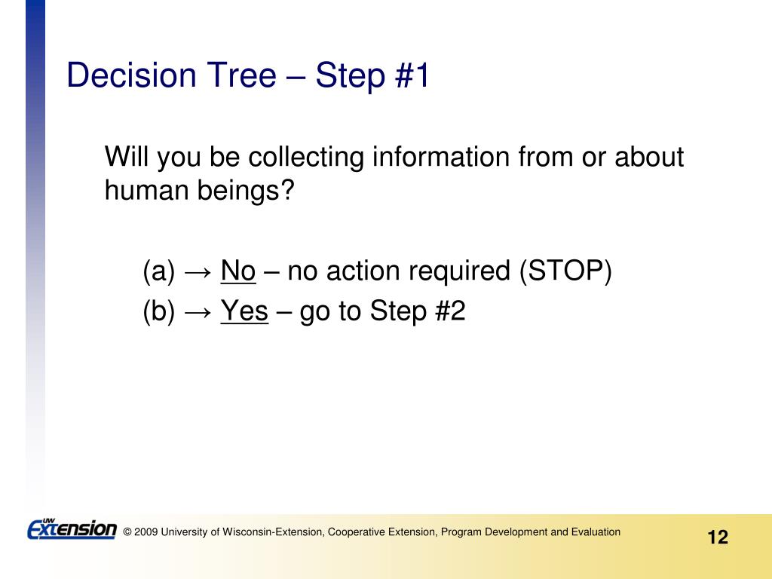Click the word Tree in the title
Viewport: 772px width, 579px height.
[x=241, y=75]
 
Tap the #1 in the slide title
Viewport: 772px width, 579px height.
[x=412, y=75]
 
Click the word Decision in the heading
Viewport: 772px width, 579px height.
[x=131, y=75]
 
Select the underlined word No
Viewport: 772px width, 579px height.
[x=237, y=271]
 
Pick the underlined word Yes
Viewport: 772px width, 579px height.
[x=244, y=311]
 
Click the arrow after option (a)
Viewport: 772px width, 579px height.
[x=198, y=271]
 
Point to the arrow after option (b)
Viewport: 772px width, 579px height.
[x=198, y=312]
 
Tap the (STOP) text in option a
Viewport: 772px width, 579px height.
[x=565, y=271]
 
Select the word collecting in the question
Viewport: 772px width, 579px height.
[x=305, y=158]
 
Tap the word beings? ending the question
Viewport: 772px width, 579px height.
[x=246, y=191]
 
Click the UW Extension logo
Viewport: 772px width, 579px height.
[x=72, y=529]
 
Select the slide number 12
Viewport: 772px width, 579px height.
[x=718, y=537]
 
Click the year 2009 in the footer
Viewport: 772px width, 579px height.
[x=146, y=532]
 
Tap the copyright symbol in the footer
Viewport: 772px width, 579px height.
[x=127, y=532]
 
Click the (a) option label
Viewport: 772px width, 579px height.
[x=158, y=271]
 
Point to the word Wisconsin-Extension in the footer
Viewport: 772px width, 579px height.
[x=273, y=532]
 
